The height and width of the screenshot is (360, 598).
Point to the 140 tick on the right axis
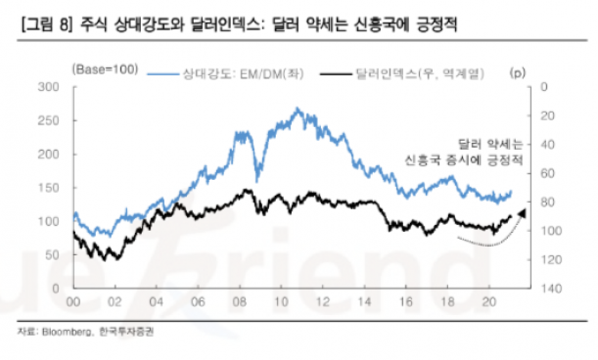551,290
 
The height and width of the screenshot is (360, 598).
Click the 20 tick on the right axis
548,116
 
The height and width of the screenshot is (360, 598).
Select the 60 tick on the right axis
548,174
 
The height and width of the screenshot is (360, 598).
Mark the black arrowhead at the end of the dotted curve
521,213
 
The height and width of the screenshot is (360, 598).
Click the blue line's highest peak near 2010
298,109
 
